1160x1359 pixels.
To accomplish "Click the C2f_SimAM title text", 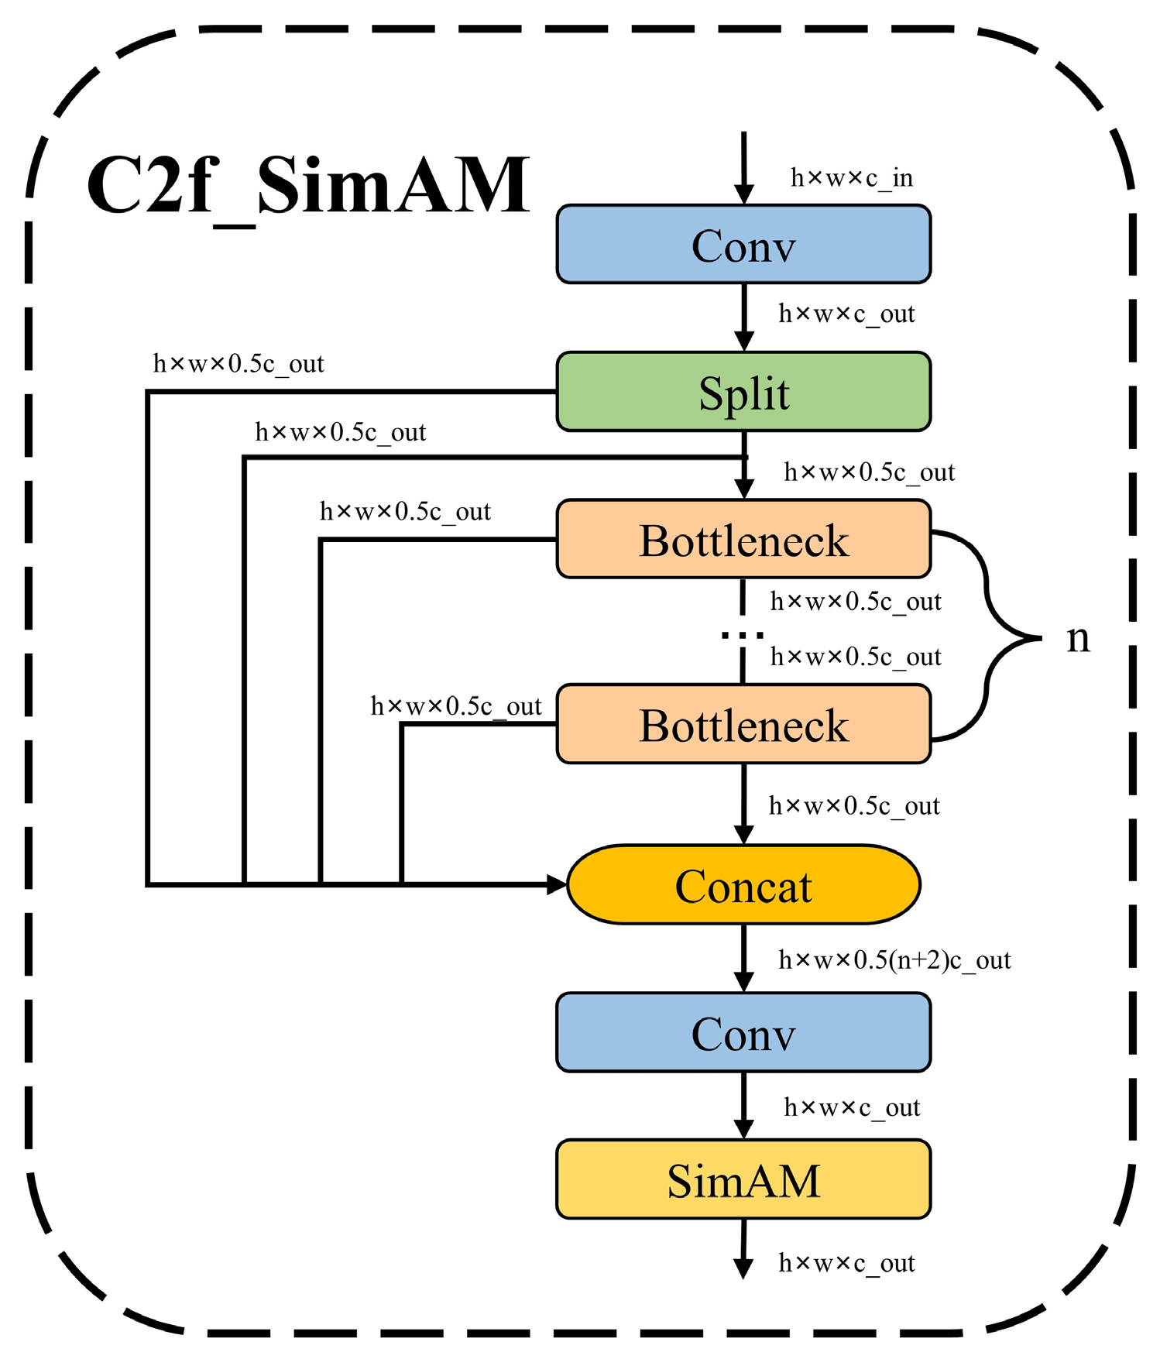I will (308, 186).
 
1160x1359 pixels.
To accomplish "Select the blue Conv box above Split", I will (743, 245).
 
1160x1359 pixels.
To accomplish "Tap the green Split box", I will (743, 392).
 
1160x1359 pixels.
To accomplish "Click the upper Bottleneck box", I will (743, 540).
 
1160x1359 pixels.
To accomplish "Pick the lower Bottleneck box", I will (743, 725).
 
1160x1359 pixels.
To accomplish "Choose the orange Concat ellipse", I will (743, 885).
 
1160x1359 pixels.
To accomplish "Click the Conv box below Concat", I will (743, 1033).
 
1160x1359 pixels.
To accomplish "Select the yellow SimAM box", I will (743, 1180).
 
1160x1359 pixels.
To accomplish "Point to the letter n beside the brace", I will (1078, 639).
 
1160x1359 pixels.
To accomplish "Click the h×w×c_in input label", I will (851, 178).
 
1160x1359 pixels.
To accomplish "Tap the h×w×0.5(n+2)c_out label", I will (894, 960).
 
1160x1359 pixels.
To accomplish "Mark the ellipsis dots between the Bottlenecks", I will (743, 635).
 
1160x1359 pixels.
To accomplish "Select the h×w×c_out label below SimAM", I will (846, 1263).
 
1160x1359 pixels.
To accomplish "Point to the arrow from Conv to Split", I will (744, 317).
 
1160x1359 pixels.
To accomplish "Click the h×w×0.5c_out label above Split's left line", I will (239, 364).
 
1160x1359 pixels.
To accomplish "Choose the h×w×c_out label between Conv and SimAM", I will (852, 1107).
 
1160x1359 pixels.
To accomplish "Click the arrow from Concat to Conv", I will (744, 959).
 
